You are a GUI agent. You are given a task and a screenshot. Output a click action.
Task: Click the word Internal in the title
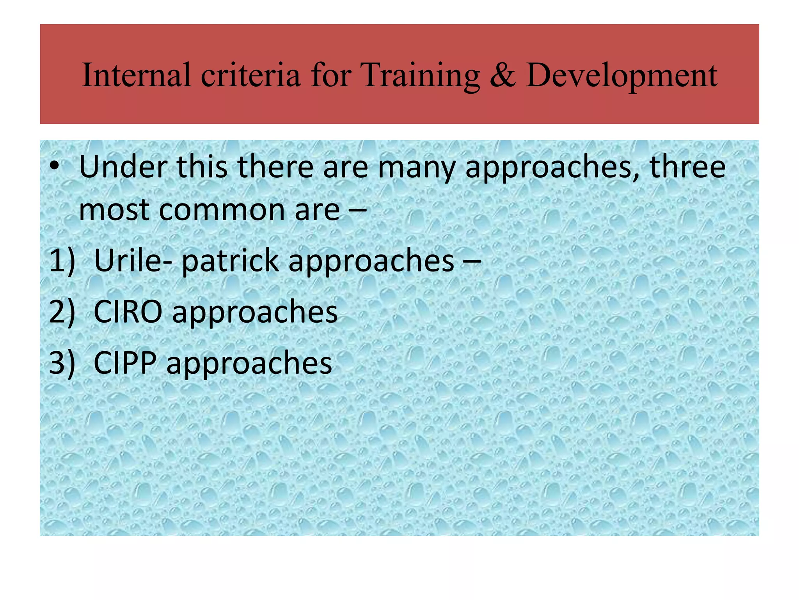(137, 75)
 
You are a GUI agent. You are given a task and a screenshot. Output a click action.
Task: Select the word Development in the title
(621, 75)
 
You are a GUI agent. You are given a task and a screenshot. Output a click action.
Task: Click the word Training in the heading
(421, 75)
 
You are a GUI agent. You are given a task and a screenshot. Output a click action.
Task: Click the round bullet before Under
(54, 167)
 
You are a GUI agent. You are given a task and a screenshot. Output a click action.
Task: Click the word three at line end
(687, 167)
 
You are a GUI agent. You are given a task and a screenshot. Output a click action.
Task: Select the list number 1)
(62, 261)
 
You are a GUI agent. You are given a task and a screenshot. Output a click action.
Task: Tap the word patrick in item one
(230, 261)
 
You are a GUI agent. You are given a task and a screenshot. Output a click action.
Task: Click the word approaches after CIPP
(249, 363)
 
